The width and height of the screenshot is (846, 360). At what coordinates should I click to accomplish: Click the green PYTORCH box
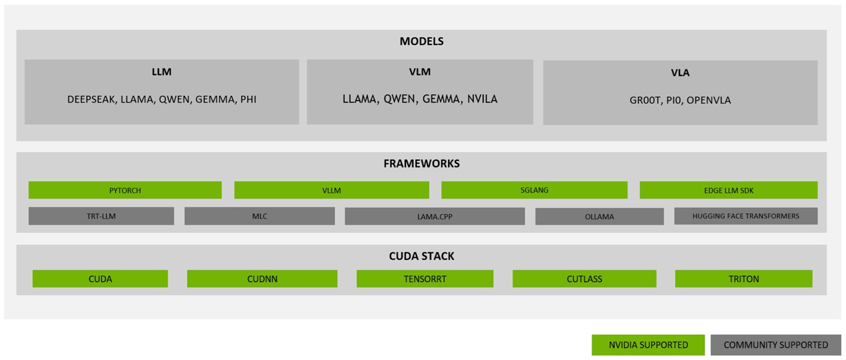click(125, 190)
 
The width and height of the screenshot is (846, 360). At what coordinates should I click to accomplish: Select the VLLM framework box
click(331, 190)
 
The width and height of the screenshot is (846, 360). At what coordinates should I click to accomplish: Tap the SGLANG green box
click(534, 190)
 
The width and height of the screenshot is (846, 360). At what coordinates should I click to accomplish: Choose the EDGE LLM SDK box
click(728, 190)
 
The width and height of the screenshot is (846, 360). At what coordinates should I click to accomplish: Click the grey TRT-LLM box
click(101, 216)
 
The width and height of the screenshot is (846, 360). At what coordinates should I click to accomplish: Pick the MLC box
click(259, 216)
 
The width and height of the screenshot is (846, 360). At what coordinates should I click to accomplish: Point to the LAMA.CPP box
click(434, 216)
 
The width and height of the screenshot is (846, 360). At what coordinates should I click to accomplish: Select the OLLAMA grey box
click(599, 216)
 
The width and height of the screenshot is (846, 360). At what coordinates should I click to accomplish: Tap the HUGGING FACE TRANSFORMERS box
click(746, 216)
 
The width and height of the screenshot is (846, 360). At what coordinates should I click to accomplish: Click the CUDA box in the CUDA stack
click(100, 279)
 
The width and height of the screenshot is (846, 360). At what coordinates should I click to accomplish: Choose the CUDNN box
click(262, 279)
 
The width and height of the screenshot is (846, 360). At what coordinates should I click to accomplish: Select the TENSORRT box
click(425, 279)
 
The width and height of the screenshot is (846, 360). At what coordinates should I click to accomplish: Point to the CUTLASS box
click(584, 279)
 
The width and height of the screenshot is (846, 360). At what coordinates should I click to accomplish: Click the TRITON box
click(743, 279)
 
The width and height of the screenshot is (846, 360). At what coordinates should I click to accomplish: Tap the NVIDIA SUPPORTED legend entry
click(648, 345)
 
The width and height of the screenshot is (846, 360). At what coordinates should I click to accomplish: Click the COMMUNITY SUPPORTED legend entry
click(775, 345)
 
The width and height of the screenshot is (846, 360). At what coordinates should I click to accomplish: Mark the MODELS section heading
click(421, 42)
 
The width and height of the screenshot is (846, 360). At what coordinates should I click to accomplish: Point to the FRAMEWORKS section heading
click(421, 164)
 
